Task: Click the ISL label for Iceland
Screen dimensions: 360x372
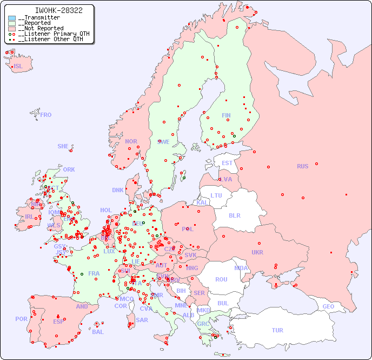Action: point(18,67)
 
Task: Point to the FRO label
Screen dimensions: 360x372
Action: point(46,115)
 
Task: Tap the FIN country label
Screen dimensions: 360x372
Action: point(226,115)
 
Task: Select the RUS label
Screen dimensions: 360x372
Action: point(302,166)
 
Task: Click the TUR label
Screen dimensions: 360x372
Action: point(277,330)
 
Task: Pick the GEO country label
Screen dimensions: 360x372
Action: point(328,306)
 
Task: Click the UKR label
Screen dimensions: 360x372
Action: point(257,252)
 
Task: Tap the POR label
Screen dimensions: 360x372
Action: point(21,319)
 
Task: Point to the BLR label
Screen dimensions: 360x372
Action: point(234,215)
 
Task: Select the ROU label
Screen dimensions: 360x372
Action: point(221,279)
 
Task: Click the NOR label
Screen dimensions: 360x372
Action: point(131,141)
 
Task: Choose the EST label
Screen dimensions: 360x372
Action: point(227,163)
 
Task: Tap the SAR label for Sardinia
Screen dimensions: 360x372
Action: point(142,320)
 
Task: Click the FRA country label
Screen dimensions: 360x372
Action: point(94,273)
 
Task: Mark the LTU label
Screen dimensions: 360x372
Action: point(216,195)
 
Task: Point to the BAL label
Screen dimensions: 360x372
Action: point(98,332)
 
